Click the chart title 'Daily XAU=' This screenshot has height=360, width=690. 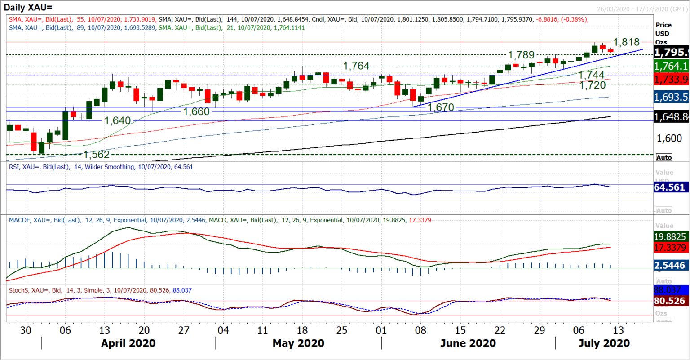pyautogui.click(x=28, y=8)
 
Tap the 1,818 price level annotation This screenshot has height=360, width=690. pyautogui.click(x=626, y=42)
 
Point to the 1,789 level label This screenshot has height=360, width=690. pyautogui.click(x=521, y=55)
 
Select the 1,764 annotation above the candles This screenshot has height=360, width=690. pyautogui.click(x=356, y=66)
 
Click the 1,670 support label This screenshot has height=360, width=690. pyautogui.click(x=441, y=107)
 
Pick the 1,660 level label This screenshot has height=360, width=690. pyautogui.click(x=196, y=111)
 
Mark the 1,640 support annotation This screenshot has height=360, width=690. pyautogui.click(x=117, y=121)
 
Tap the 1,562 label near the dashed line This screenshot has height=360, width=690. pyautogui.click(x=97, y=155)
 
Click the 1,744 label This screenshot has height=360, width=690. pyautogui.click(x=591, y=75)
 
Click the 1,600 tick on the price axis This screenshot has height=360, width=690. pyautogui.click(x=669, y=138)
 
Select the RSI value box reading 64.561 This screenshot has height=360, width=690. pyautogui.click(x=669, y=187)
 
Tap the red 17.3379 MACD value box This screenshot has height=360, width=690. pyautogui.click(x=669, y=248)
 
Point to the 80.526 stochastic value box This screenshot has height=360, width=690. pyautogui.click(x=669, y=301)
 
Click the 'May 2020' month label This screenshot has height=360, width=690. pyautogui.click(x=298, y=343)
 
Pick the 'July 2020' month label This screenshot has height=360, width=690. pyautogui.click(x=604, y=343)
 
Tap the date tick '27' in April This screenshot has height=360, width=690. pyautogui.click(x=184, y=330)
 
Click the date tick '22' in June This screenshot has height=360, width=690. pyautogui.click(x=500, y=330)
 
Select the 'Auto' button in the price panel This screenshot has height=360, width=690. pyautogui.click(x=664, y=157)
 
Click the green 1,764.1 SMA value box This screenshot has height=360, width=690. pyautogui.click(x=671, y=66)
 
